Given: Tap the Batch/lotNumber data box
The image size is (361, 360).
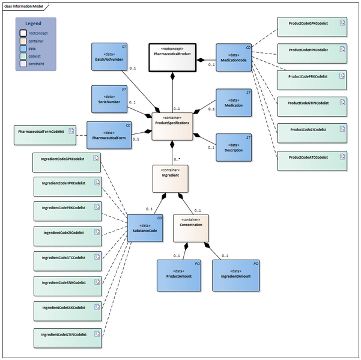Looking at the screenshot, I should (109, 57).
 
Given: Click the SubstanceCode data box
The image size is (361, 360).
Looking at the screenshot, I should (144, 227).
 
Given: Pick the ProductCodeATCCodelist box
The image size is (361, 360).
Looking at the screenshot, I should (312, 157).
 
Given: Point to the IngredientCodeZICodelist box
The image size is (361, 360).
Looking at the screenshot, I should (66, 232).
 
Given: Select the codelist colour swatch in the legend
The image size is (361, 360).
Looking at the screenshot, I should (23, 55).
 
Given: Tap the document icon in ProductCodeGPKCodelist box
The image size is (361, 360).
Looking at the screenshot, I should (342, 23).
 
